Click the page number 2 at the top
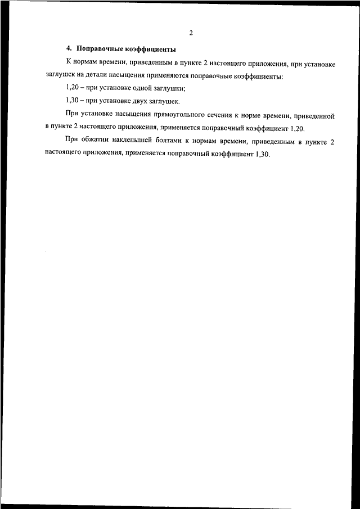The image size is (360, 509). point(191,33)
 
